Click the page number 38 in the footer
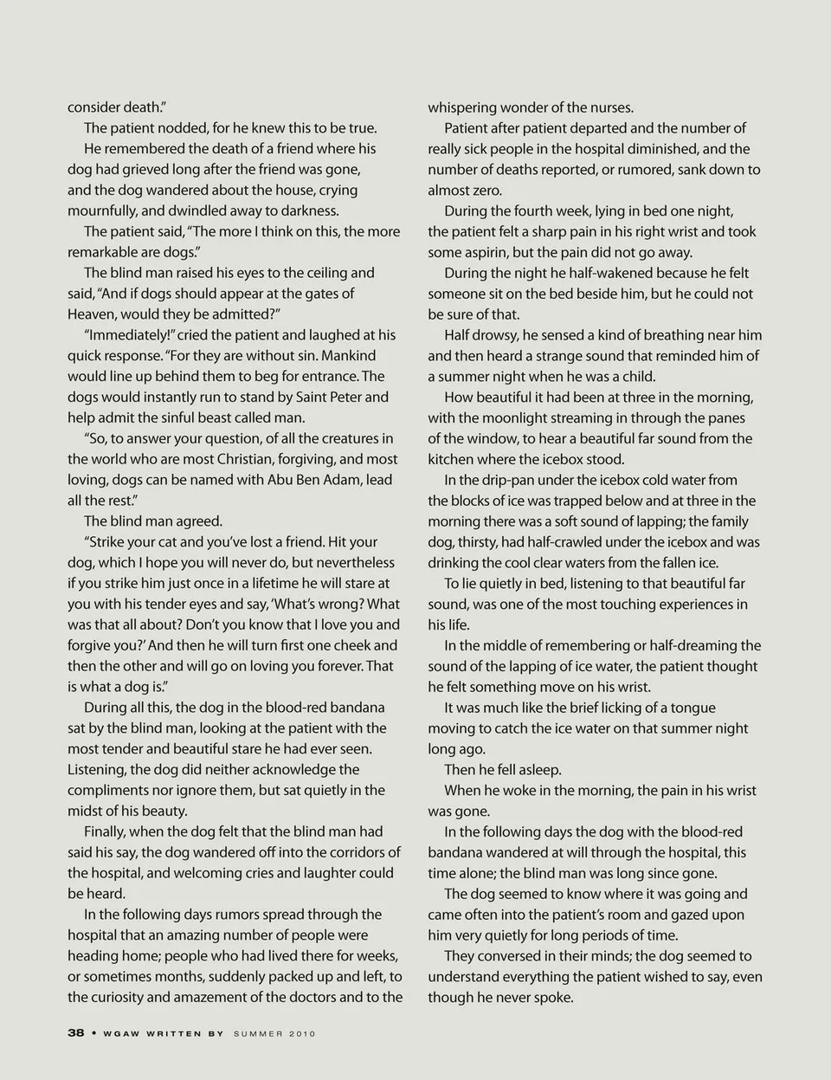point(75,1033)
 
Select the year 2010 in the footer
point(302,1033)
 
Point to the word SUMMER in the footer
point(259,1033)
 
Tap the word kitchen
point(454,459)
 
